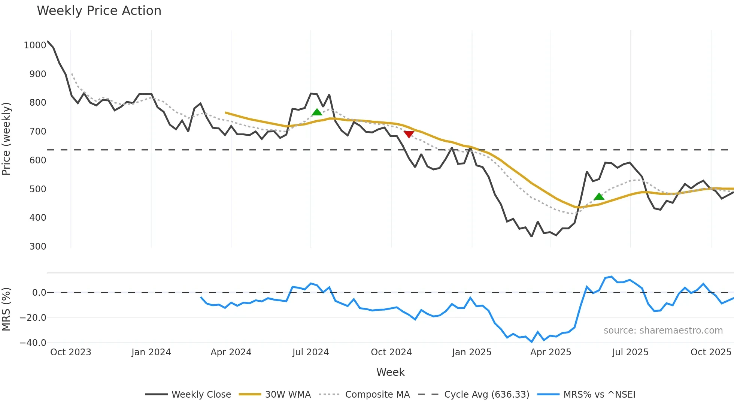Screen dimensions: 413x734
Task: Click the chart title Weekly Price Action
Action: pyautogui.click(x=99, y=11)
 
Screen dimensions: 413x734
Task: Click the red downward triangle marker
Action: pyautogui.click(x=409, y=134)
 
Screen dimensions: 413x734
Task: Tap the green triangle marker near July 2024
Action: pyautogui.click(x=317, y=112)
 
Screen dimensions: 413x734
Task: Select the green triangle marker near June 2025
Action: pyautogui.click(x=599, y=196)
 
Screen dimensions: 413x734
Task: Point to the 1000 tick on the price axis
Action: pyautogui.click(x=35, y=45)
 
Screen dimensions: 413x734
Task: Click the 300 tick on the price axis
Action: pyautogui.click(x=38, y=247)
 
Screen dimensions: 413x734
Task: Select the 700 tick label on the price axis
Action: pyautogui.click(x=38, y=132)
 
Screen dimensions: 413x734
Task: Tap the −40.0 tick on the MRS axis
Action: pyautogui.click(x=33, y=343)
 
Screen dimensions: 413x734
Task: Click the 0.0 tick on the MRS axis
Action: pyautogui.click(x=39, y=293)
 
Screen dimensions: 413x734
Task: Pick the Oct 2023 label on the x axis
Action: pyautogui.click(x=71, y=352)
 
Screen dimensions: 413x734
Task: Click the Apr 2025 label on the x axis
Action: pyautogui.click(x=550, y=352)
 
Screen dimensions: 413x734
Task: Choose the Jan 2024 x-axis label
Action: pyautogui.click(x=151, y=352)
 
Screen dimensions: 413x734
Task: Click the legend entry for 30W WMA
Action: pyautogui.click(x=288, y=395)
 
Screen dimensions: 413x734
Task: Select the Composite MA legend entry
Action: pyautogui.click(x=377, y=395)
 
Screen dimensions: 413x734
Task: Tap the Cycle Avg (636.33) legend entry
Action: pyautogui.click(x=486, y=395)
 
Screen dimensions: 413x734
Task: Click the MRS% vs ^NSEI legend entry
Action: pyautogui.click(x=599, y=395)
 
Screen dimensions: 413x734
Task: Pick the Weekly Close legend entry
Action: pyautogui.click(x=201, y=395)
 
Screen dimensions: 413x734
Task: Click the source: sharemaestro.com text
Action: pyautogui.click(x=663, y=331)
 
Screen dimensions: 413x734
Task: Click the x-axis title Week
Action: pyautogui.click(x=390, y=372)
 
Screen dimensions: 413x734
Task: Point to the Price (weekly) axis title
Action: pyautogui.click(x=6, y=139)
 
